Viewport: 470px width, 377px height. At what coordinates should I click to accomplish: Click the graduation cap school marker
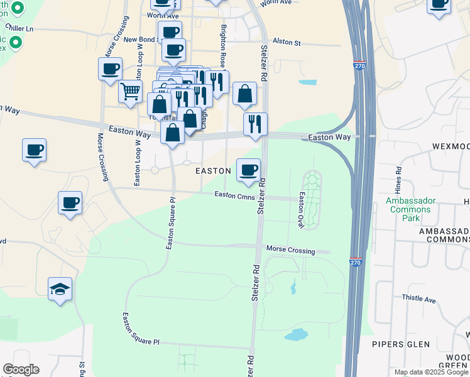[x=60, y=289]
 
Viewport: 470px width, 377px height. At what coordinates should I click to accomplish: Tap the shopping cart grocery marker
[x=130, y=91]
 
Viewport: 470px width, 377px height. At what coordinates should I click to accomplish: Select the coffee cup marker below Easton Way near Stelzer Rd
[x=249, y=169]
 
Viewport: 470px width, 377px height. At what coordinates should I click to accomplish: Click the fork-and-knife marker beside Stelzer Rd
[x=256, y=124]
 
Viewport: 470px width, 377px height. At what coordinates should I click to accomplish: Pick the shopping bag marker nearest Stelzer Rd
[x=244, y=94]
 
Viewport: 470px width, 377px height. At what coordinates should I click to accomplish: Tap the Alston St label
[x=287, y=42]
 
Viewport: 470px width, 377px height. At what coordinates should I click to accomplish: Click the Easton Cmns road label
[x=233, y=195]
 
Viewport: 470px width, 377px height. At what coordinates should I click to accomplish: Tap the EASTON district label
[x=214, y=171]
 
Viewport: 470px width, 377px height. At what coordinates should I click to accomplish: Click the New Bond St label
[x=144, y=40]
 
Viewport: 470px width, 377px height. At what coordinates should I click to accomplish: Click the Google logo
[x=21, y=369]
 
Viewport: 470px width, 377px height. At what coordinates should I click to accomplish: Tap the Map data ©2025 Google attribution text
[x=431, y=372]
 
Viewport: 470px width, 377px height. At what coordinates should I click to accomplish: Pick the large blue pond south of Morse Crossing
[x=297, y=334]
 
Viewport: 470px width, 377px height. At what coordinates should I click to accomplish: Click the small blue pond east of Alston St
[x=308, y=82]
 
